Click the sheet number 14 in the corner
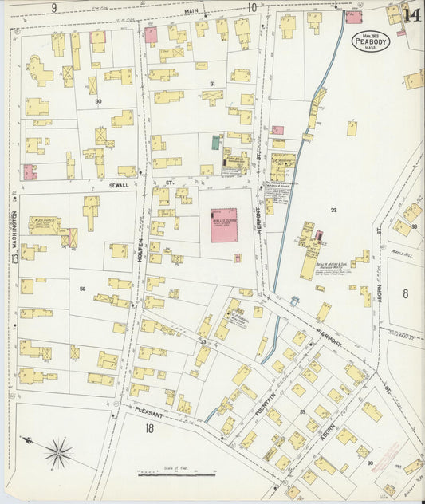coord(411,14)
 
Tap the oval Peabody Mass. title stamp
coord(372,40)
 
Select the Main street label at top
coord(191,11)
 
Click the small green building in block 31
coord(216,142)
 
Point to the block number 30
coord(98,101)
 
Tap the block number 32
coord(334,210)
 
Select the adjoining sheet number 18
coord(149,429)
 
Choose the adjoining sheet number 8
coord(405,293)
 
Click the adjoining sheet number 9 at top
coord(54,7)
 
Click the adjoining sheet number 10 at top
coord(252,7)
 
